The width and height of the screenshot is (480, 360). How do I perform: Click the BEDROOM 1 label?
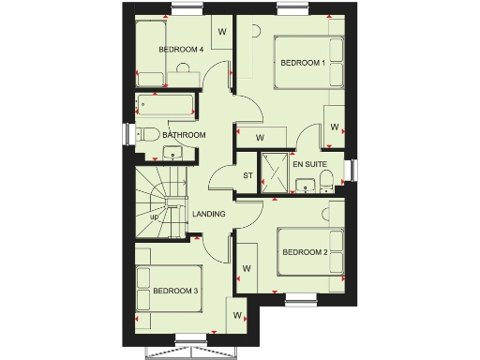pos(303,63)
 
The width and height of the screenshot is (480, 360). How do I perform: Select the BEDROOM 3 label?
pos(175,292)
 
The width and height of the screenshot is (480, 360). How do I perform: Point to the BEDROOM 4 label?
pos(181,49)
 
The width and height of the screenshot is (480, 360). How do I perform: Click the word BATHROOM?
pos(184,135)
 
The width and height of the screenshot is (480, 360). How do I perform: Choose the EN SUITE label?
pos(309,164)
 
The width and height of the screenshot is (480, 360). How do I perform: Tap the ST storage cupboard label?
pos(248,175)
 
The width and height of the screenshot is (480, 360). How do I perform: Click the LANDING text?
pos(208,215)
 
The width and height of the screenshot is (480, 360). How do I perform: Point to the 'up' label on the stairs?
pos(154,217)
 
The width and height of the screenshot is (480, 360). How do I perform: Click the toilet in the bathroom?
pos(146,134)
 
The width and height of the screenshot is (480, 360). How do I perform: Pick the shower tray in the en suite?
pos(277,169)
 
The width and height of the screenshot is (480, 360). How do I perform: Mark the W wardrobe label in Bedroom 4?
pos(222,31)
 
